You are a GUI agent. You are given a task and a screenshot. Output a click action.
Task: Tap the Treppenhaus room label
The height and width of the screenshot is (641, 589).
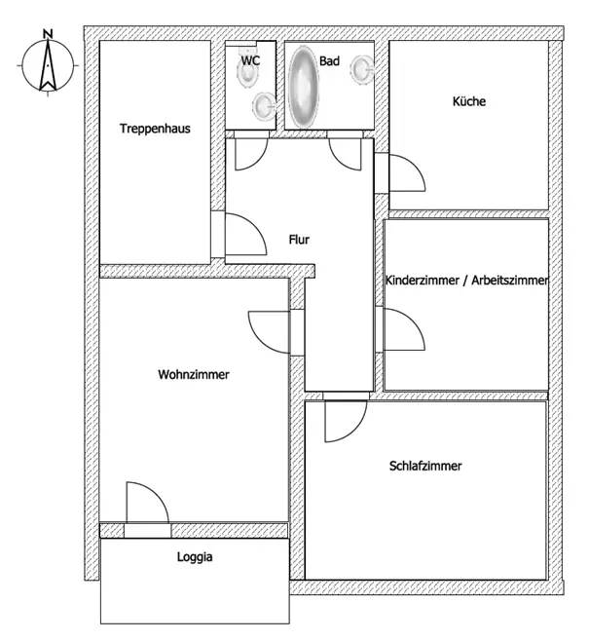point(155,128)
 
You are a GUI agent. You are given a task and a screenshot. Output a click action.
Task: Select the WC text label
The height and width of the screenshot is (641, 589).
point(250,60)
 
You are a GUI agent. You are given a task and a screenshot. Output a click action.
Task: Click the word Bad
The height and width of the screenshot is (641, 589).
point(329,60)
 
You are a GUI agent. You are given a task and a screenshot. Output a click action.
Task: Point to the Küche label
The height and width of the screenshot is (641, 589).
point(468,101)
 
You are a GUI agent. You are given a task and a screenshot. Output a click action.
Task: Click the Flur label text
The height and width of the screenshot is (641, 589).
point(299,239)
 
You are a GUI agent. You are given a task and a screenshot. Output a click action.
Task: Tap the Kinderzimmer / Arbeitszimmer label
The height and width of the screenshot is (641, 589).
point(467,280)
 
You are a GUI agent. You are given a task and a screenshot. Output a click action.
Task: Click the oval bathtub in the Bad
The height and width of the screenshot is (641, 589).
point(304,86)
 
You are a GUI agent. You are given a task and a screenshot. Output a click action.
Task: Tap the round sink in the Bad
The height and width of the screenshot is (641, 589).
point(363,69)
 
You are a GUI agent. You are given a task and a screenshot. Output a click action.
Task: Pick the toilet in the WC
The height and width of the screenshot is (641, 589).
point(262,103)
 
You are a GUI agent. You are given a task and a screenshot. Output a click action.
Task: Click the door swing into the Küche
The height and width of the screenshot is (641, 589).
point(405,174)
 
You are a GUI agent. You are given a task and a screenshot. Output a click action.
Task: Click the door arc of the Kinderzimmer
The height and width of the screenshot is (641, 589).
point(404,329)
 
